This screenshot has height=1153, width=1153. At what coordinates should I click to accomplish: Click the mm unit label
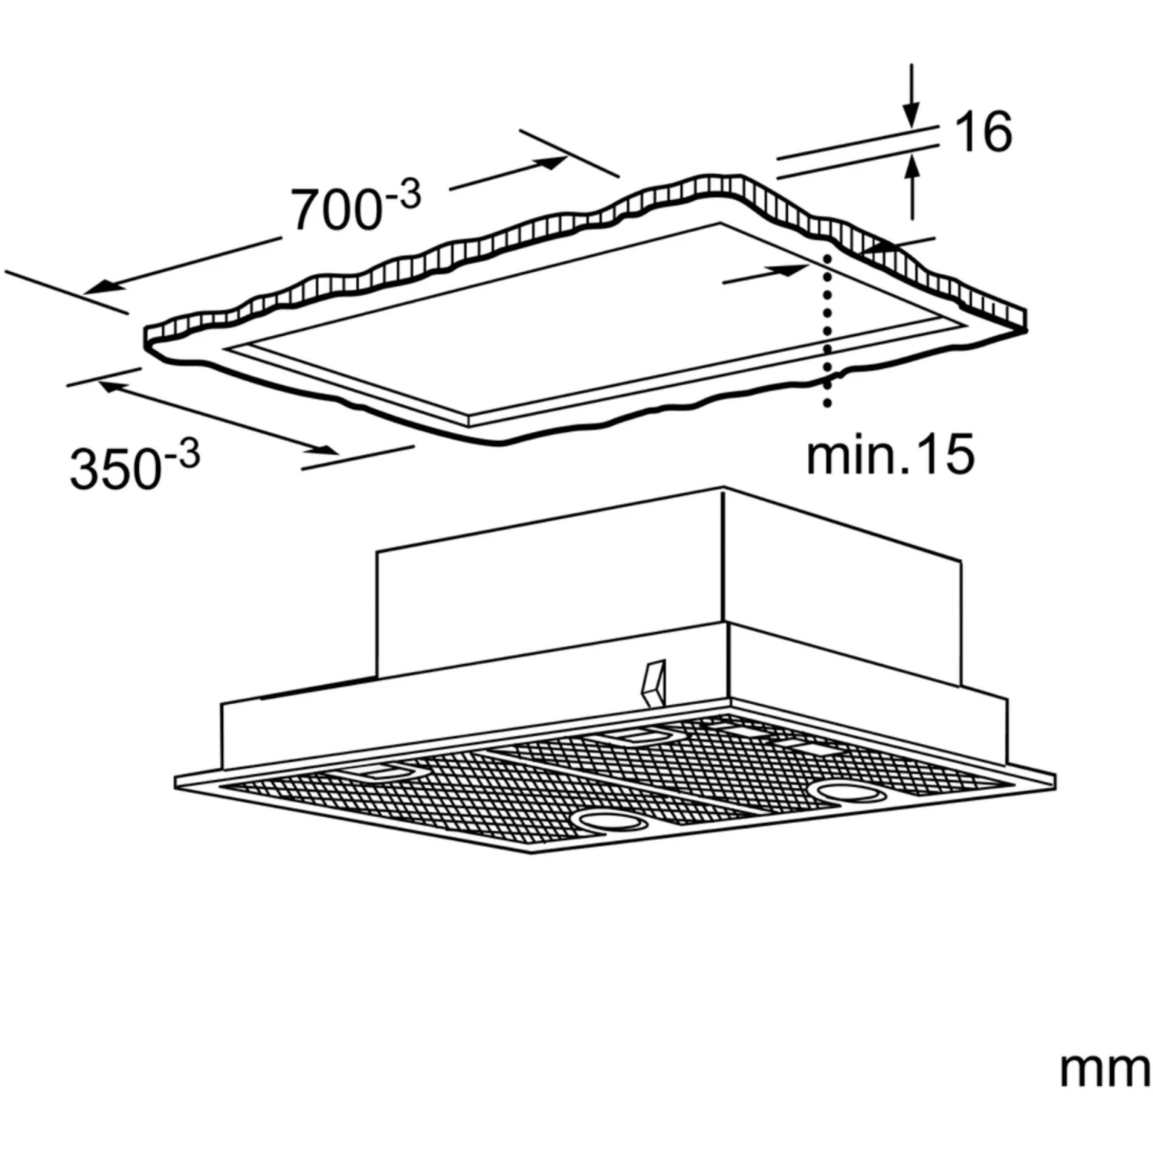point(1105,1069)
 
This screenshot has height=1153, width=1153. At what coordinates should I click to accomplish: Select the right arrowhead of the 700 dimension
point(551,161)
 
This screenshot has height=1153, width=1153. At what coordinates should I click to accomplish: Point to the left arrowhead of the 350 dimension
point(109,388)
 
